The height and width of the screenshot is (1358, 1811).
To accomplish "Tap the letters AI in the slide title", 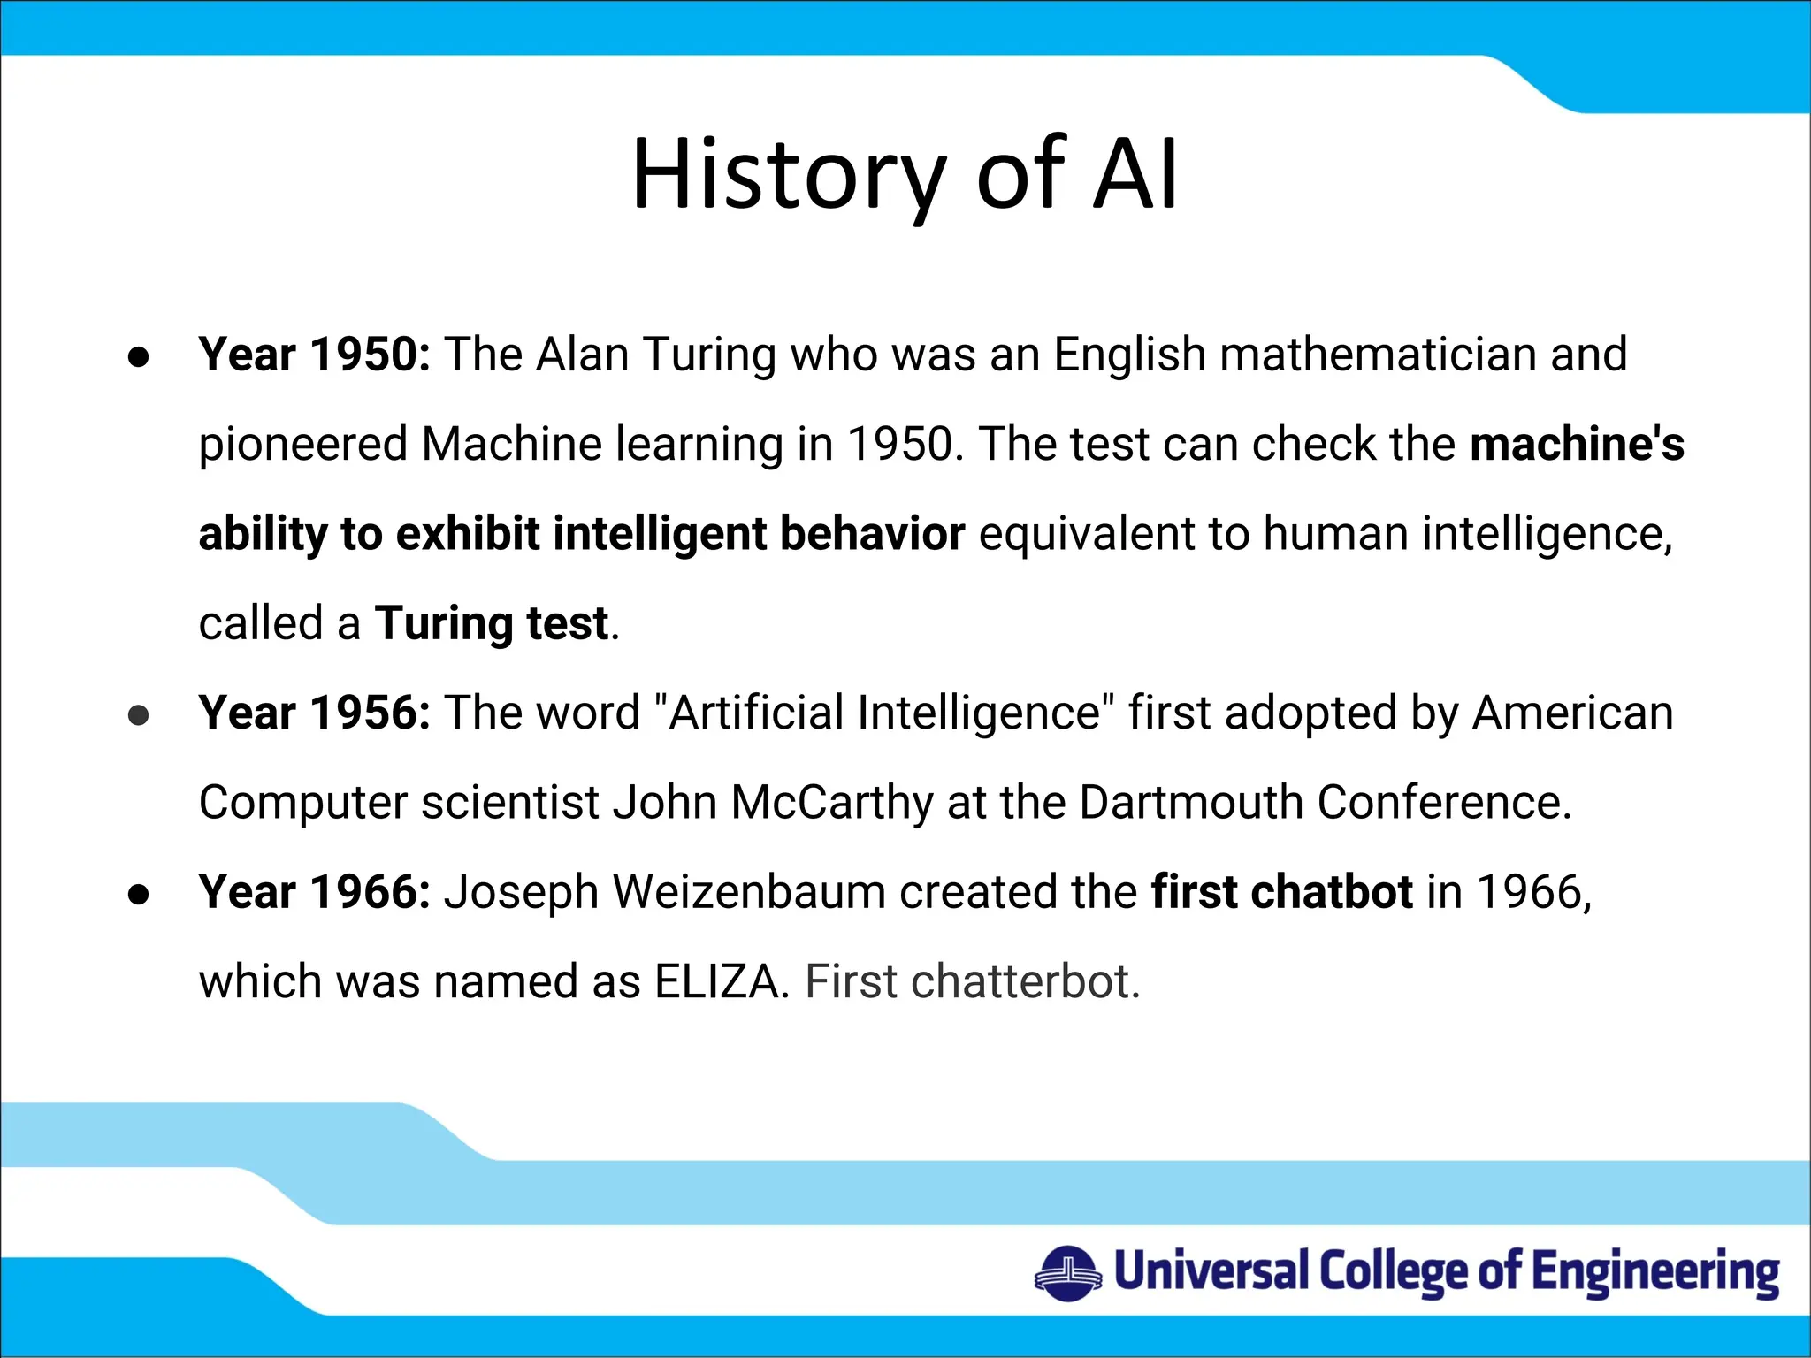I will (1135, 175).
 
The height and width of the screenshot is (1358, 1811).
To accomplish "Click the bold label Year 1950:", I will (314, 355).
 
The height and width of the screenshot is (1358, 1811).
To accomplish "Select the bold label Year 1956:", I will (314, 713).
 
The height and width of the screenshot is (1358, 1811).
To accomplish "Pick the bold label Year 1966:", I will (314, 891).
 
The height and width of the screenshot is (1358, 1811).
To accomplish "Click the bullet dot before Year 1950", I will (139, 357).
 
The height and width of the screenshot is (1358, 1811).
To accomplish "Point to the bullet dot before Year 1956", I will (139, 715).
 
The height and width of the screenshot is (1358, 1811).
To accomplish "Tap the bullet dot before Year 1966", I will (139, 894).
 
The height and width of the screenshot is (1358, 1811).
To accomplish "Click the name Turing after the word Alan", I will (710, 356).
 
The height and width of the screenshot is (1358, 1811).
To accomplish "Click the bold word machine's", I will (1577, 444).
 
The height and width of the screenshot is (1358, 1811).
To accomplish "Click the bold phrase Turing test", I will (492, 624).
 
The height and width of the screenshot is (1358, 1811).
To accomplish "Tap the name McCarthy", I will (831, 803).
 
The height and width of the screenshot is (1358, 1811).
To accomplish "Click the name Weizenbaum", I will (749, 891).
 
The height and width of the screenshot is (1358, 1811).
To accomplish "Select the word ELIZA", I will (717, 981).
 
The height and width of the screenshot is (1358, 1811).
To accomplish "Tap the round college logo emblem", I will (1068, 1274).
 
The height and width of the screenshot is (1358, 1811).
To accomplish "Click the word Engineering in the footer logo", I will (1655, 1273).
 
